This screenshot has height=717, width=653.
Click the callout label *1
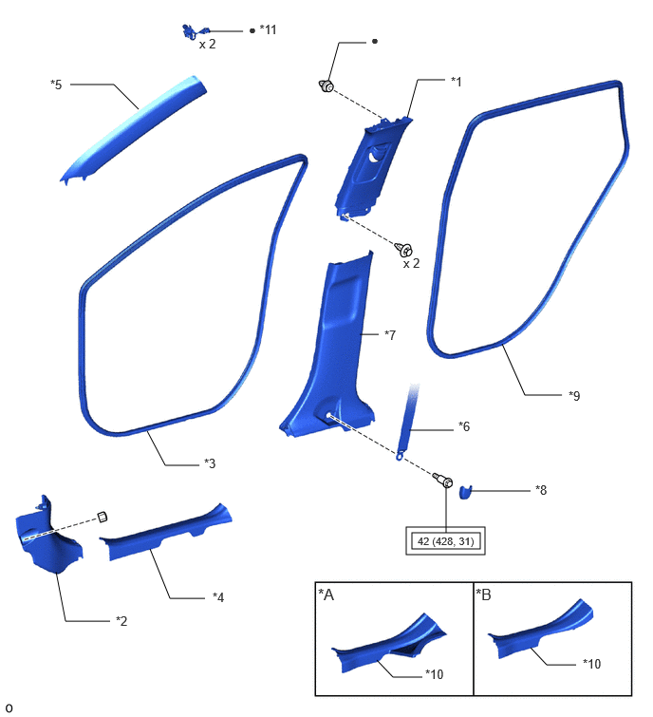pyautogui.click(x=456, y=82)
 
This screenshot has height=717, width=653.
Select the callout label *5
pyautogui.click(x=56, y=85)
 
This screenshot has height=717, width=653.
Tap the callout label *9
pyautogui.click(x=574, y=396)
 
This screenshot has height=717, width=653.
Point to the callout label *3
pyautogui.click(x=210, y=463)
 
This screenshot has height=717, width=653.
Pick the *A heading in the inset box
pyautogui.click(x=326, y=594)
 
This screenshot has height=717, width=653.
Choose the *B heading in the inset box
pyautogui.click(x=484, y=594)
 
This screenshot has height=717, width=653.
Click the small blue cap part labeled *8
pyautogui.click(x=465, y=492)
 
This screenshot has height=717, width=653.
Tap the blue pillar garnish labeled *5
pyautogui.click(x=133, y=129)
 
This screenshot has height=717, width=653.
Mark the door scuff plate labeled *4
pyautogui.click(x=165, y=533)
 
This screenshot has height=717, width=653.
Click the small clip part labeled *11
pyautogui.click(x=195, y=32)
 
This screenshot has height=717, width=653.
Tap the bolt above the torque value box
pyautogui.click(x=443, y=481)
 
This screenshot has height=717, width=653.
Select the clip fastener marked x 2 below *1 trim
pyautogui.click(x=404, y=250)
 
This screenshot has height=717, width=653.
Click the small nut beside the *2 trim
pyautogui.click(x=103, y=518)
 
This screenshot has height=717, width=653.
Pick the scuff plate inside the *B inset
pyautogui.click(x=541, y=631)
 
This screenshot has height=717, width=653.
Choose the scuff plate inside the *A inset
pyautogui.click(x=388, y=644)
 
